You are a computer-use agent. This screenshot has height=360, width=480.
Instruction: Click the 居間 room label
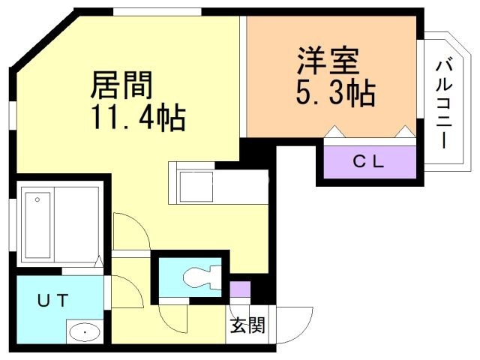pos(121,85)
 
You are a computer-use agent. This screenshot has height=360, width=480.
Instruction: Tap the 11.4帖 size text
pos(139,118)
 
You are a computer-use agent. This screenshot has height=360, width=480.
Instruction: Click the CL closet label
pos(369,161)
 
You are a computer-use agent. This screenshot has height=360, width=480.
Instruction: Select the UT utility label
pos(53,301)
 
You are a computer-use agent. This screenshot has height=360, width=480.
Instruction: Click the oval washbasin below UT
pos(87,331)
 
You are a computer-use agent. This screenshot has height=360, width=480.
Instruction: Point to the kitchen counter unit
pos(218,184)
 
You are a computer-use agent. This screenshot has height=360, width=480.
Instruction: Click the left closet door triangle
pos(334,132)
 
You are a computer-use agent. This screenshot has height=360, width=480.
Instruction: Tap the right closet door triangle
pos(405,132)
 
